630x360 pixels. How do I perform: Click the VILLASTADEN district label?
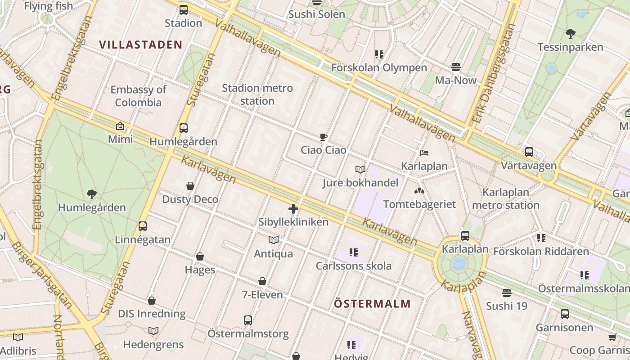click(140, 45)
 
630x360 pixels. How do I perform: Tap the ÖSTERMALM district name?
click(372, 304)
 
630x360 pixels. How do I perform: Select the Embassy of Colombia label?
click(138, 96)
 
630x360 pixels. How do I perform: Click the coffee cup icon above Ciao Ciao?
click(323, 137)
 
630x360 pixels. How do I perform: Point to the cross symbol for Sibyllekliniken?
click(293, 209)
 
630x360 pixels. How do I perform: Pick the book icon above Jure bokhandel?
click(360, 170)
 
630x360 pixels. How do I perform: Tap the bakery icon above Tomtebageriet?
click(419, 191)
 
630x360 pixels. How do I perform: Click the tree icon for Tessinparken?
click(570, 34)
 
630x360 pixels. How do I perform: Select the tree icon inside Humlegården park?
click(92, 194)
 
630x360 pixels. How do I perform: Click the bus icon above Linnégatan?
click(143, 226)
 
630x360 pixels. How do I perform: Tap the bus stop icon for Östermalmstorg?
click(248, 320)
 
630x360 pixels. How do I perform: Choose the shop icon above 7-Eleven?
click(262, 282)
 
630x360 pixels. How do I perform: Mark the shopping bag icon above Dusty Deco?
click(190, 186)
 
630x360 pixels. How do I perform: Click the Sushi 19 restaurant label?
click(506, 306)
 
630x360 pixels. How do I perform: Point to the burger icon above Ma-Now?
click(455, 67)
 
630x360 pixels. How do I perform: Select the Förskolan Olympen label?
click(379, 68)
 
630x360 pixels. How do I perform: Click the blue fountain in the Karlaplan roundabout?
click(459, 264)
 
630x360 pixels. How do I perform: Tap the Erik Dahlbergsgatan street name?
click(494, 74)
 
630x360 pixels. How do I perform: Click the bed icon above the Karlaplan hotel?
click(424, 153)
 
